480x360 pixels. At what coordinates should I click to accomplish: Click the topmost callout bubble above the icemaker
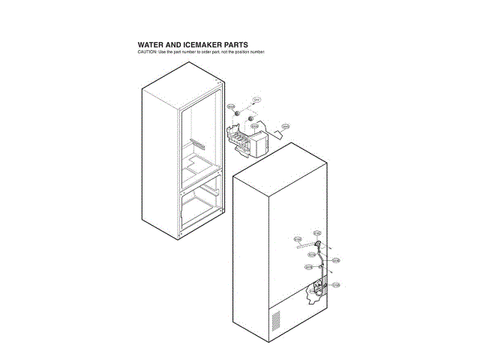point(256,100)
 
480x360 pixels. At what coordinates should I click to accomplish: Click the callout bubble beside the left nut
point(231,107)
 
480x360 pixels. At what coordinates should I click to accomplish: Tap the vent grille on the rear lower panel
point(275,320)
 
